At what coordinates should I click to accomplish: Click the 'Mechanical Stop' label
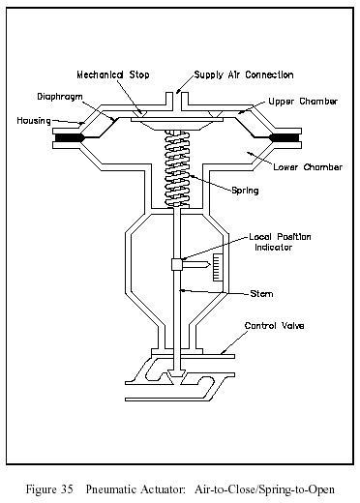[113, 74]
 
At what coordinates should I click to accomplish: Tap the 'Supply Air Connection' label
[244, 75]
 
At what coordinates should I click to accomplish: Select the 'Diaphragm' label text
[60, 97]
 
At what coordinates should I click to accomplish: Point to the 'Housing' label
[34, 121]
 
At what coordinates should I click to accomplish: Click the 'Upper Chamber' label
[303, 102]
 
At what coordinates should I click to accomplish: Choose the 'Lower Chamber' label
[308, 167]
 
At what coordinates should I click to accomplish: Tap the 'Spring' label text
[245, 191]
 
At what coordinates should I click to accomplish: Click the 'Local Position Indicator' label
[280, 242]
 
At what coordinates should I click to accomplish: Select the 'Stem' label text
[261, 294]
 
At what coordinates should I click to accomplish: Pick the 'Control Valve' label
[274, 326]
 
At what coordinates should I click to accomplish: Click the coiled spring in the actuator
[176, 168]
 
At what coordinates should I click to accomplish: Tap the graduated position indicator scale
[218, 267]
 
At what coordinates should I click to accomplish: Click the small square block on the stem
[177, 265]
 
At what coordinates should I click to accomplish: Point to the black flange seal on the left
[70, 138]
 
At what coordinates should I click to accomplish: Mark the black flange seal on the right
[285, 138]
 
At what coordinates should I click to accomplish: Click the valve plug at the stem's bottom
[177, 377]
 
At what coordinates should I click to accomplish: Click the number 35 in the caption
[67, 489]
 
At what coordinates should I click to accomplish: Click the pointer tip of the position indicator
[210, 265]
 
